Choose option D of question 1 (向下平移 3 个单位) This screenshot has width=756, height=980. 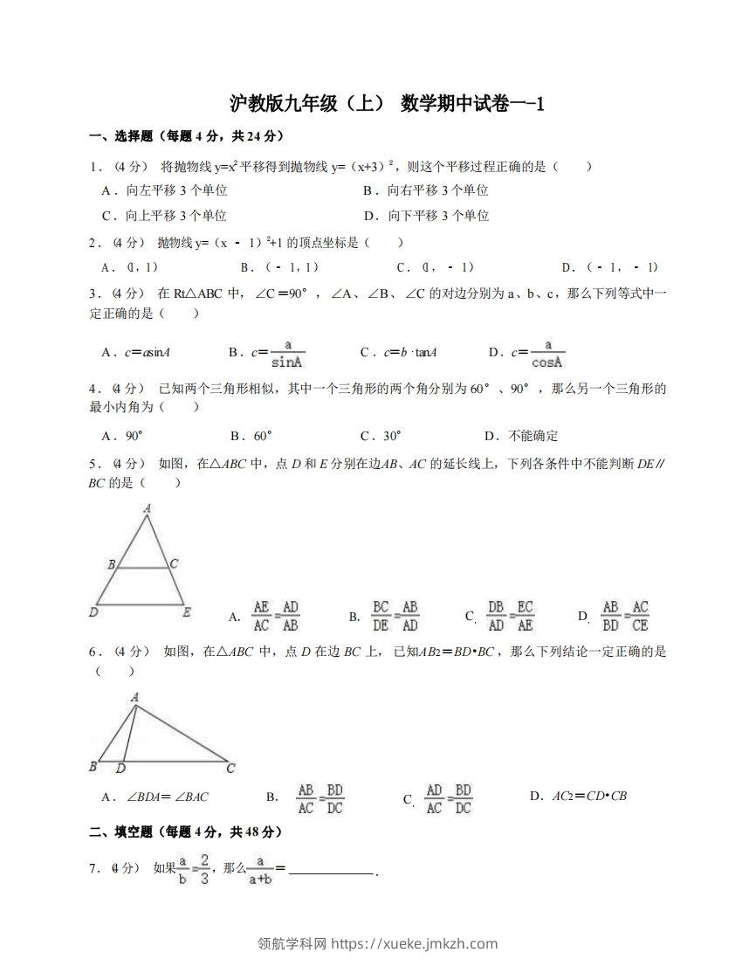[x=426, y=216]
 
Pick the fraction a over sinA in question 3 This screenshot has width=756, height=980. [x=285, y=354]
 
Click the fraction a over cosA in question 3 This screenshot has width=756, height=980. [x=547, y=354]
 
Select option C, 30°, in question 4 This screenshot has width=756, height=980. [x=381, y=436]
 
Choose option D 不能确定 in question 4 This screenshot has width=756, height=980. [x=521, y=436]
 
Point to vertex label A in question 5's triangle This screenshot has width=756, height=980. [x=147, y=508]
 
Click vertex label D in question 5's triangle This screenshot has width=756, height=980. [x=93, y=612]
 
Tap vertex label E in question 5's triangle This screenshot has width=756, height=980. [x=187, y=612]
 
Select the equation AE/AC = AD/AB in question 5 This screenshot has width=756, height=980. [x=276, y=616]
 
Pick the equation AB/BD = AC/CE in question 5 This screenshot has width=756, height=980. [x=625, y=616]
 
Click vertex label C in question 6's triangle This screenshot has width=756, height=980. [x=230, y=769]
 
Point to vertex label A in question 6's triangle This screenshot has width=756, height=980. [x=134, y=697]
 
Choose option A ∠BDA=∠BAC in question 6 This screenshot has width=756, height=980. [x=155, y=797]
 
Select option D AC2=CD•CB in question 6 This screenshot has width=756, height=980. [x=579, y=796]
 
